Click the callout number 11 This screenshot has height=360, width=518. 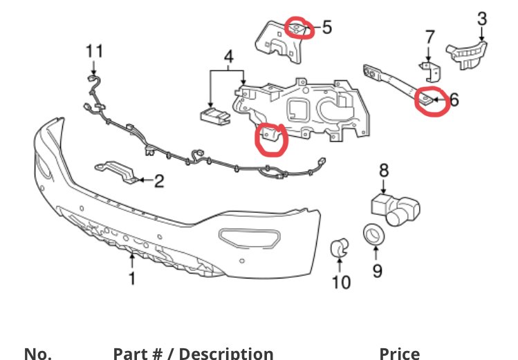pyautogui.click(x=95, y=50)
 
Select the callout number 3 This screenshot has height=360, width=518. pyautogui.click(x=482, y=18)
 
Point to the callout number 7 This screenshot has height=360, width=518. pyautogui.click(x=429, y=36)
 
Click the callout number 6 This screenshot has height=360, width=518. pyautogui.click(x=454, y=100)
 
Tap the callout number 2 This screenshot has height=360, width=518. pyautogui.click(x=159, y=182)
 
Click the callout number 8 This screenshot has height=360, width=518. pyautogui.click(x=384, y=169)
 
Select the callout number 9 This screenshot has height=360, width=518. pyautogui.click(x=377, y=269)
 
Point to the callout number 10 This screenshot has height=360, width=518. pyautogui.click(x=341, y=281)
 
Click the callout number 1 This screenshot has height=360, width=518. pyautogui.click(x=132, y=278)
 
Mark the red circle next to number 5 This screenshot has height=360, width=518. pyautogui.click(x=298, y=28)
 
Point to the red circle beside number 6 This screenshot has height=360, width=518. pyautogui.click(x=428, y=102)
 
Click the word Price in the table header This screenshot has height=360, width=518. pyautogui.click(x=399, y=354)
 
